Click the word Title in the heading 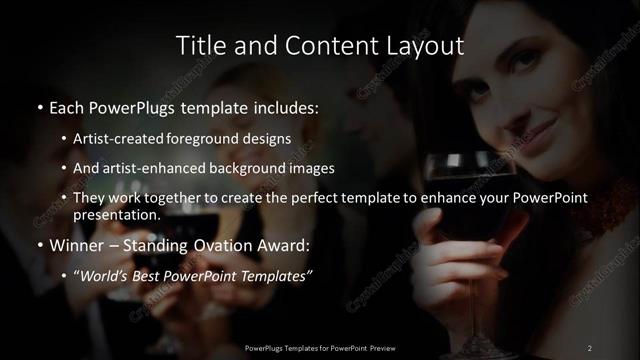tap(198, 46)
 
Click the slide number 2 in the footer tap(589, 347)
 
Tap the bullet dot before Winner tap(39, 245)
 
